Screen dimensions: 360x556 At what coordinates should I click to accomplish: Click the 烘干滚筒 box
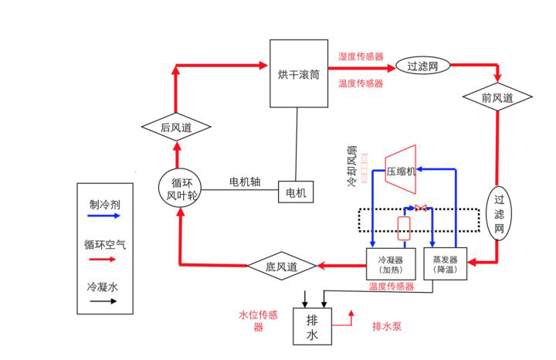point(299,73)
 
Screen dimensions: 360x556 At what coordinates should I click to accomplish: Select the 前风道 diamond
point(497,98)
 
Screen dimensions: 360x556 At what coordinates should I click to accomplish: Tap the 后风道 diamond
point(175,127)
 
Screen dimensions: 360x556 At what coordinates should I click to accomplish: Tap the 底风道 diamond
point(283,267)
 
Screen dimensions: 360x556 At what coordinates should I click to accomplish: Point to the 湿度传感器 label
point(361,57)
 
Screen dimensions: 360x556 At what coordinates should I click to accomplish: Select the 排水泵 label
point(387,326)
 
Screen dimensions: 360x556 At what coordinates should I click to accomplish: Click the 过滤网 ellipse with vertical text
point(500,214)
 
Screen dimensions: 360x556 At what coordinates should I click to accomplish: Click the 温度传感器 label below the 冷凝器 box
point(391,286)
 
